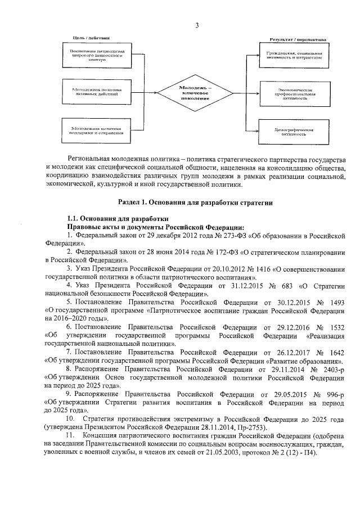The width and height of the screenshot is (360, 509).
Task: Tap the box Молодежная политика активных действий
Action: [x=93, y=93]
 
